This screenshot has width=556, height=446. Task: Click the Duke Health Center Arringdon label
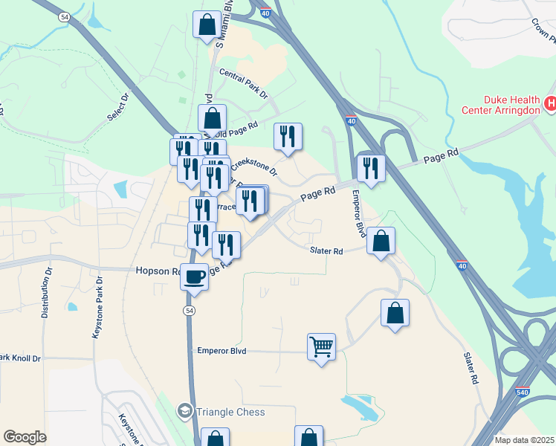pos(511,105)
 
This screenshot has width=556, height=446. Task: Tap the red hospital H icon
pos(549,104)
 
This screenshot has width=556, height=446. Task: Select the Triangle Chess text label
pos(231,411)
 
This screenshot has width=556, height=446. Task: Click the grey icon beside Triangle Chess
pos(184,410)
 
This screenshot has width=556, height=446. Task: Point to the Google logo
pos(25,437)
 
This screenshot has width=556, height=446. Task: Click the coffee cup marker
pos(195,277)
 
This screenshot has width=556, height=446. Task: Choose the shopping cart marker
pos(321,346)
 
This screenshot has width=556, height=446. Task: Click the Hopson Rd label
pos(155,271)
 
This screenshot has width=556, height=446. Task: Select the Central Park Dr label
pos(243,83)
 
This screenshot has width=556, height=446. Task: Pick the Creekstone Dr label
pos(255,167)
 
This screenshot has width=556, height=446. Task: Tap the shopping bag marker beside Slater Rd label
pos(381,241)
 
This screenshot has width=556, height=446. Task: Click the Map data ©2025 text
pos(525,440)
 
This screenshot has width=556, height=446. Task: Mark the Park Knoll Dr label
pos(20,358)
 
